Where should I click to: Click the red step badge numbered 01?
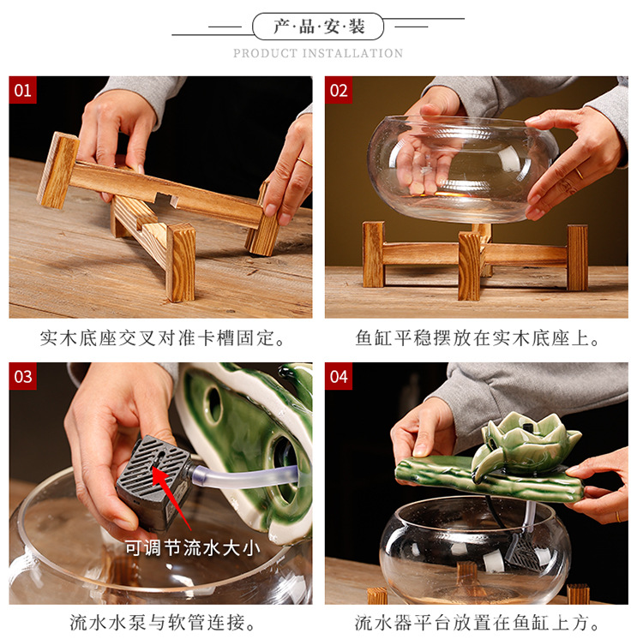click(22, 90)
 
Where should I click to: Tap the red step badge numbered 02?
click(339, 90)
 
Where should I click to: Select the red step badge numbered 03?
click(22, 376)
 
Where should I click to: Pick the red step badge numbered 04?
click(339, 376)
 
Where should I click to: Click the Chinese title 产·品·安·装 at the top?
click(319, 27)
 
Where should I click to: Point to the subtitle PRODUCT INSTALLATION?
click(318, 53)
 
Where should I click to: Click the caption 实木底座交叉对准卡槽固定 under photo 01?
click(162, 338)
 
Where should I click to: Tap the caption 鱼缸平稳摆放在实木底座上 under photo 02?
click(478, 338)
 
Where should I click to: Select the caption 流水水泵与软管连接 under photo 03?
click(162, 622)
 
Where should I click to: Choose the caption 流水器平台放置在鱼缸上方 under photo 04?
click(477, 622)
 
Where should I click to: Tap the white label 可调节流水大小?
click(192, 547)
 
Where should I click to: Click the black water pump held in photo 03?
click(153, 482)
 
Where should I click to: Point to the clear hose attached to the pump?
click(246, 476)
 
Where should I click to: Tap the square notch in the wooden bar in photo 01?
click(164, 200)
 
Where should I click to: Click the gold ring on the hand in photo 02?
click(579, 173)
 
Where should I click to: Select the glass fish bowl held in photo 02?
click(463, 169)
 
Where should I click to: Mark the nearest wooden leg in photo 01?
click(180, 263)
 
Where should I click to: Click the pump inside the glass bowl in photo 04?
click(526, 554)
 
